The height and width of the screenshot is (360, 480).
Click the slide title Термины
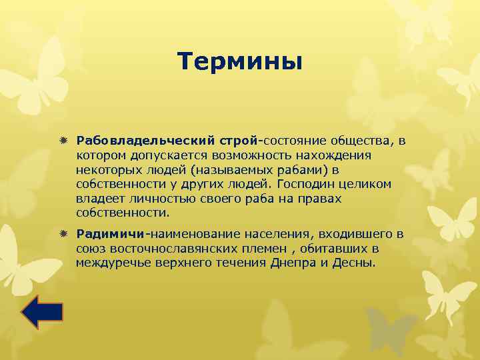[240, 62]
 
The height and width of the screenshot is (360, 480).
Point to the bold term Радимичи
[111, 235]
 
